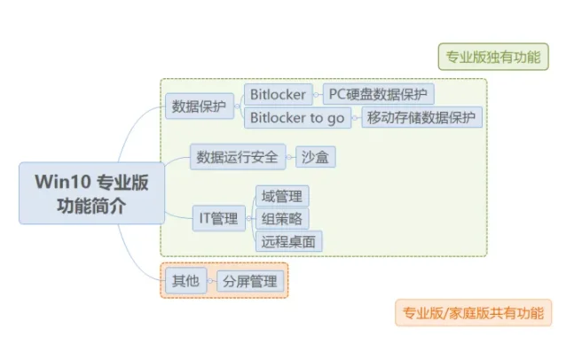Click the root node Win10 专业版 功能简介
(x=92, y=193)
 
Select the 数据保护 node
(x=200, y=106)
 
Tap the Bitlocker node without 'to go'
(x=279, y=94)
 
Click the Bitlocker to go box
(x=297, y=117)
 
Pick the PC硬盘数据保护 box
(x=379, y=94)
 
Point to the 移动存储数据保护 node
(x=421, y=117)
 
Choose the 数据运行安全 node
(x=238, y=157)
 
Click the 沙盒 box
(x=315, y=157)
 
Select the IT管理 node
(x=219, y=218)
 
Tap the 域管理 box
(x=282, y=196)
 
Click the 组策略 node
(x=282, y=219)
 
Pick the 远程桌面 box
(x=289, y=241)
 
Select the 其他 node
(x=186, y=280)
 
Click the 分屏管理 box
(x=250, y=281)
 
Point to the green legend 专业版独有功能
(x=493, y=57)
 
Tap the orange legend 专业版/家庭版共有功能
(x=474, y=313)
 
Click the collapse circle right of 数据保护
(x=237, y=106)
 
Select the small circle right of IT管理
(x=248, y=219)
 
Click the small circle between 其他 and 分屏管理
(x=210, y=281)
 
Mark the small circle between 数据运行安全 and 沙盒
(x=289, y=157)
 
